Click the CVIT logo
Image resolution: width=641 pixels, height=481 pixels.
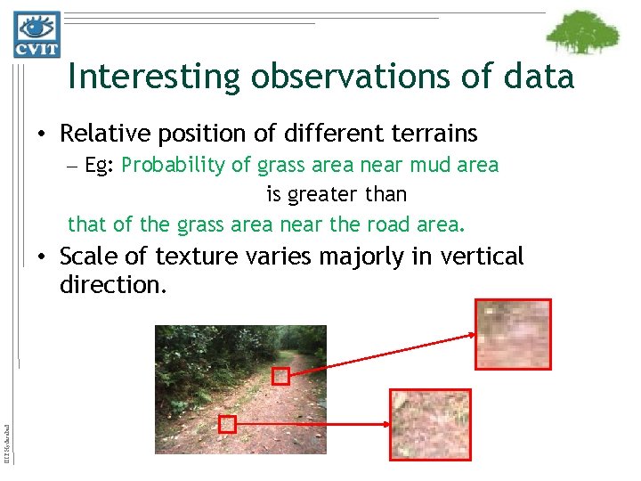(x=37, y=34)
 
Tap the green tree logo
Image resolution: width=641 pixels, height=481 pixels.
(x=582, y=34)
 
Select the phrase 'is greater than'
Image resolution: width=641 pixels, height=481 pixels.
(x=336, y=193)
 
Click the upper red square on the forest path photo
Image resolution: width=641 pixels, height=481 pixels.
(x=280, y=376)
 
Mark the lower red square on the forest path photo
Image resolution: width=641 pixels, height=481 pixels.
(x=227, y=424)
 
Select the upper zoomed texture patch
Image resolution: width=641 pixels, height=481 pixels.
(x=513, y=334)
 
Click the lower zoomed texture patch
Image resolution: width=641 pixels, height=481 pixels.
(x=430, y=425)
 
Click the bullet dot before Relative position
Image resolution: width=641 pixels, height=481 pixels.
(x=42, y=135)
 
